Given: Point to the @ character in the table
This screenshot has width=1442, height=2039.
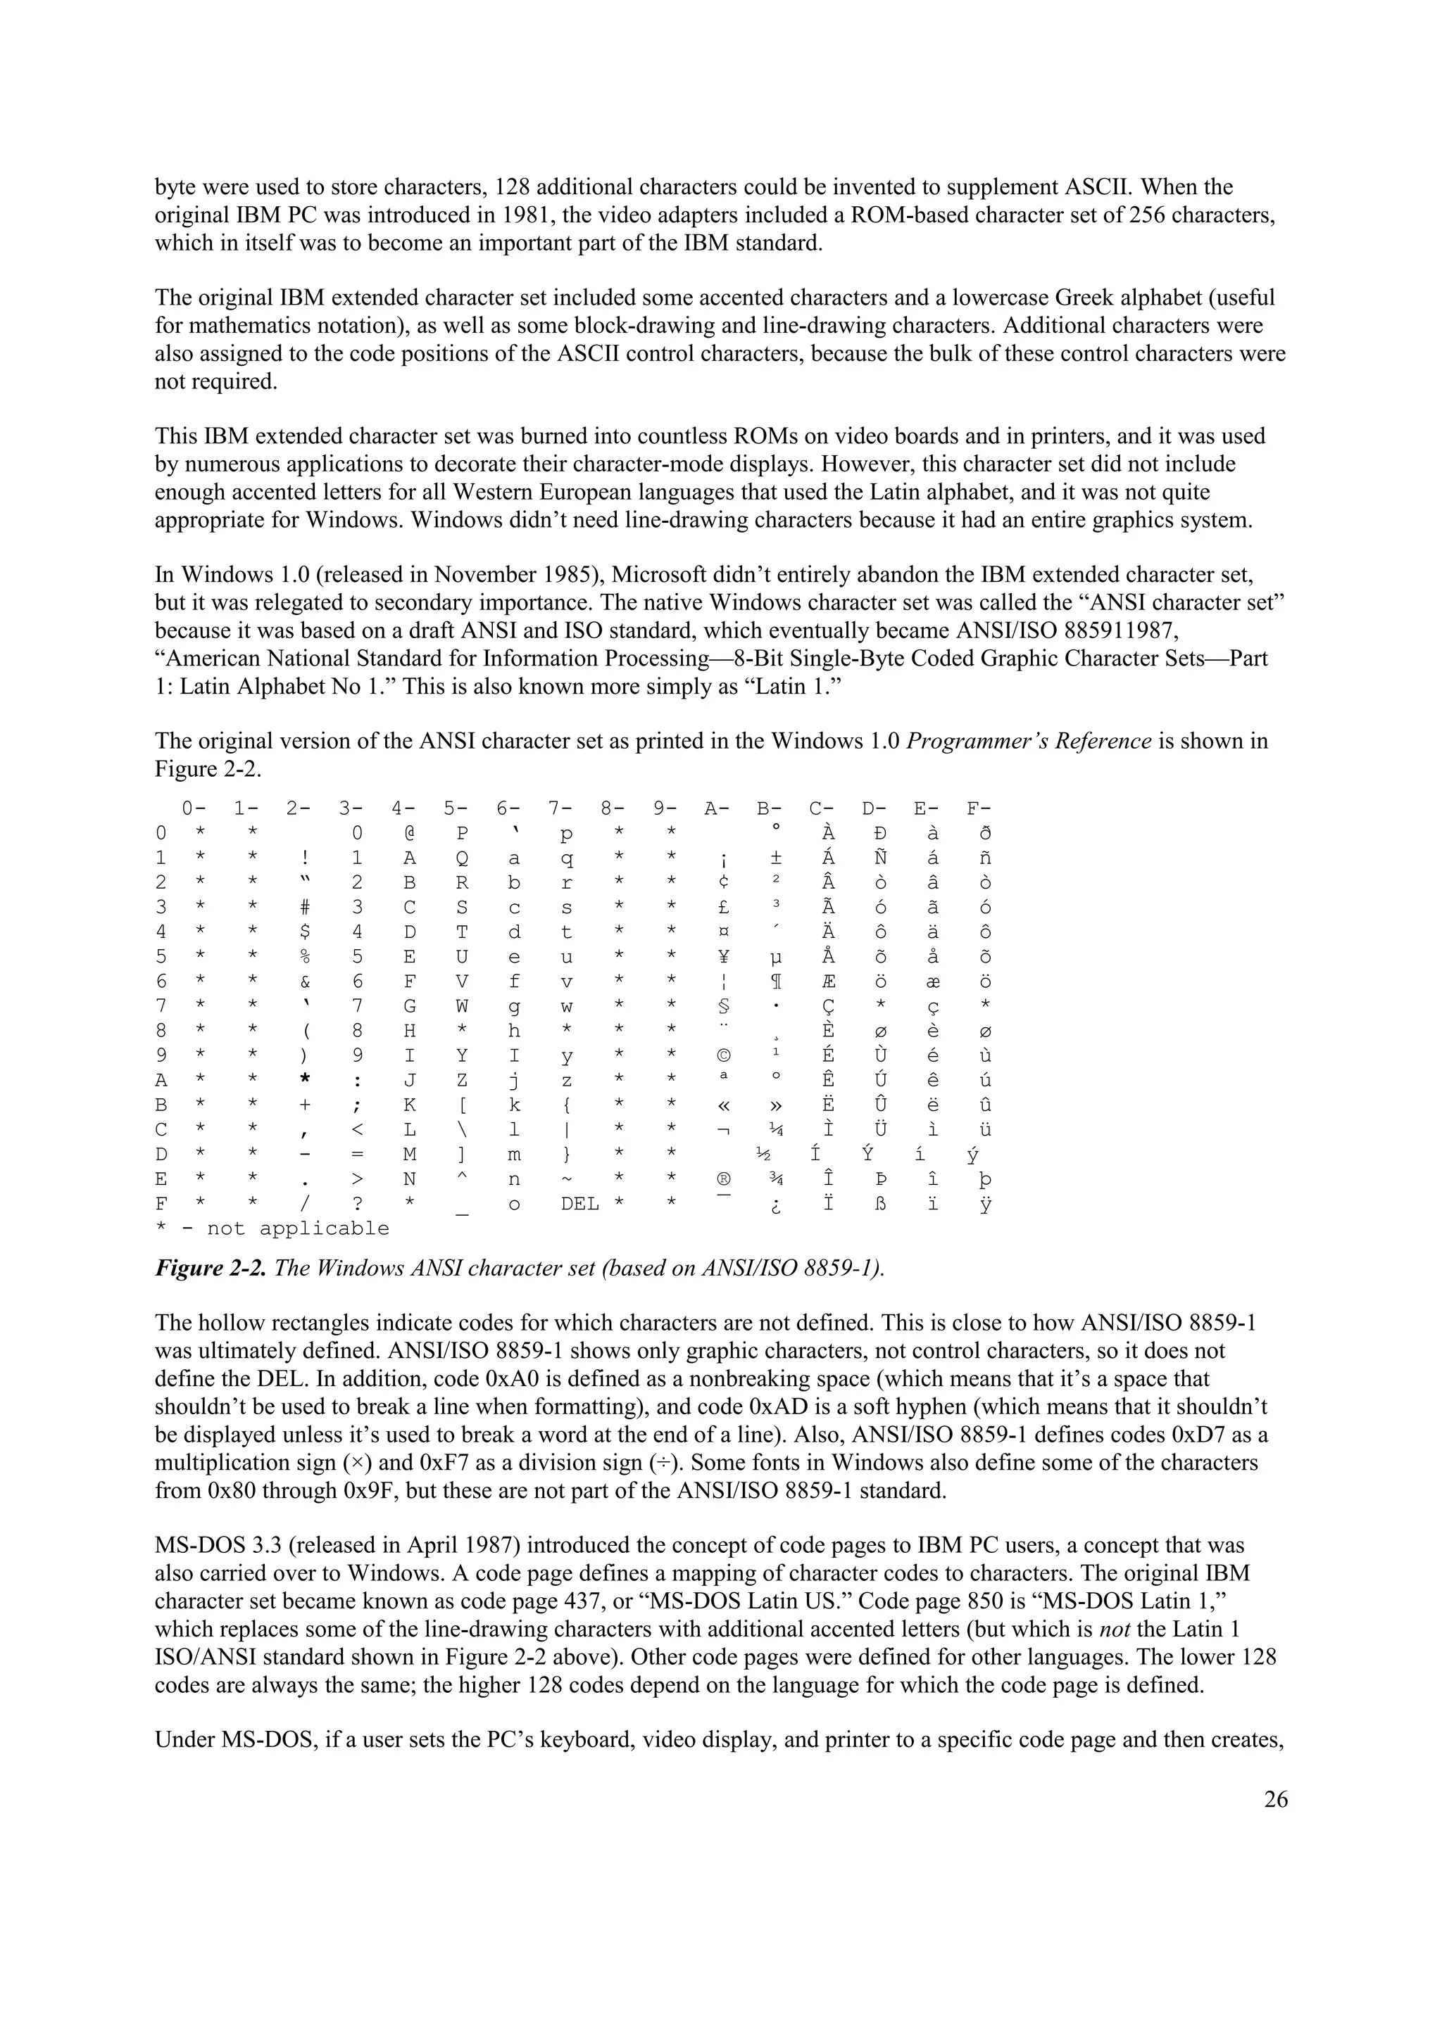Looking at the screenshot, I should click(410, 834).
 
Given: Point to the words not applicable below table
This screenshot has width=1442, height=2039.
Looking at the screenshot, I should click(299, 1229).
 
